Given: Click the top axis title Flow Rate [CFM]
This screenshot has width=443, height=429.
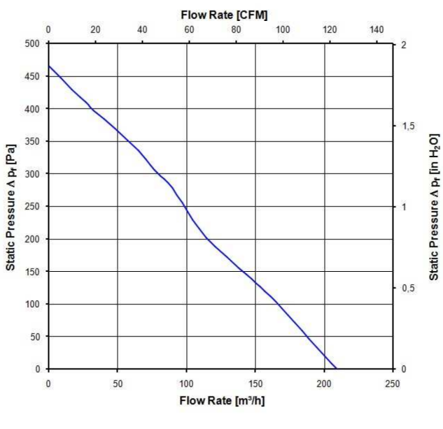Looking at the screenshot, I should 219,14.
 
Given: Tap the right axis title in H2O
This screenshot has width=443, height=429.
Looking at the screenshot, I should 433,206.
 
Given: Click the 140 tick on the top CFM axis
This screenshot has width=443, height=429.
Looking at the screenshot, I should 377,30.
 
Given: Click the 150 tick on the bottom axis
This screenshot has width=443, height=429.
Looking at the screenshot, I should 255,383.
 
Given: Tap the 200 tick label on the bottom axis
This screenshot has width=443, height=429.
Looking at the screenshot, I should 324,383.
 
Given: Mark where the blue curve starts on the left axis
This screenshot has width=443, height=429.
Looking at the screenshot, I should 48,66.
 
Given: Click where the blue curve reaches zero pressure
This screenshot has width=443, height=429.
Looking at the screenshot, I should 337,368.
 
